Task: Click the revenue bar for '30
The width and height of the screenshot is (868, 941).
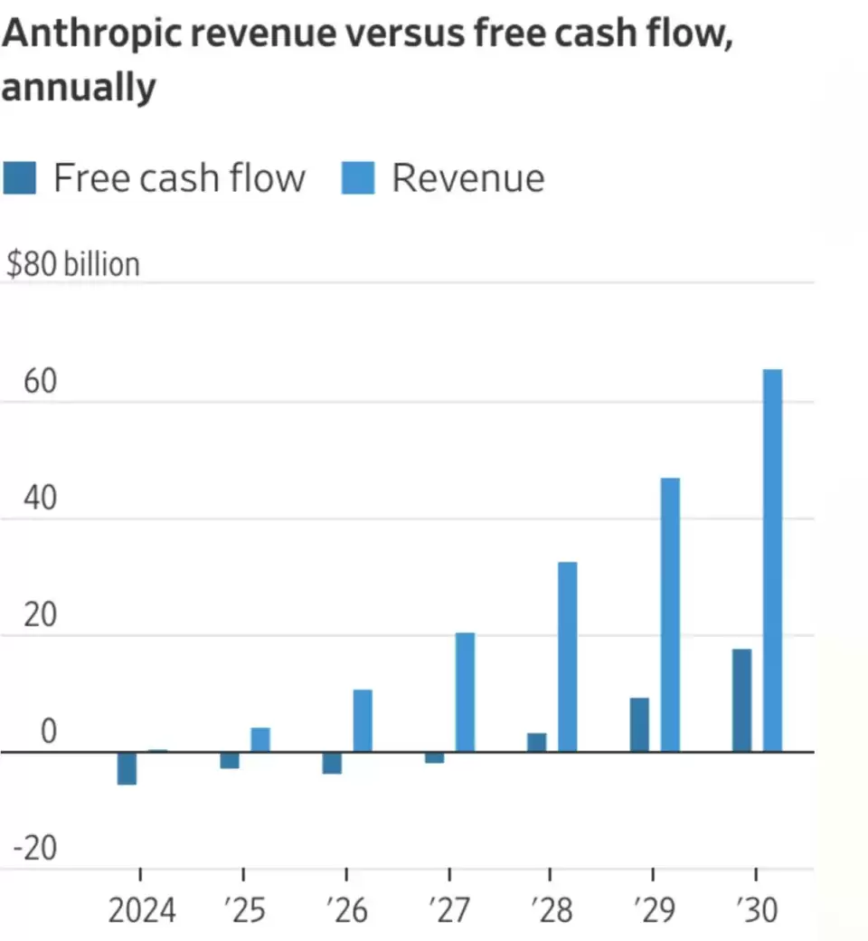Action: pyautogui.click(x=772, y=560)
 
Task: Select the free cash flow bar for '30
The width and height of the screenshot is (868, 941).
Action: pyautogui.click(x=741, y=700)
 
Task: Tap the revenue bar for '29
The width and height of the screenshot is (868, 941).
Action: pyautogui.click(x=670, y=614)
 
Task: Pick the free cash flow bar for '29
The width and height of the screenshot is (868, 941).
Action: pyautogui.click(x=639, y=725)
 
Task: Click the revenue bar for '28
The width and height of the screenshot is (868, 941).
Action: pyautogui.click(x=567, y=657)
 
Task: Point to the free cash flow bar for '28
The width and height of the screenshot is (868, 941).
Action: pyautogui.click(x=536, y=742)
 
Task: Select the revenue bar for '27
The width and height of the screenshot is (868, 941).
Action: pyautogui.click(x=465, y=692)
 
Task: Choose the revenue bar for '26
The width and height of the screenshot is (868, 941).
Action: pyautogui.click(x=363, y=720)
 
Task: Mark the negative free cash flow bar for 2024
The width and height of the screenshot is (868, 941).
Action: pyautogui.click(x=127, y=768)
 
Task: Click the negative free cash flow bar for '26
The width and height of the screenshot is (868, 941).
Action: pyautogui.click(x=332, y=763)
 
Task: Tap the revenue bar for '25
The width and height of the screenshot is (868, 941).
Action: pyautogui.click(x=260, y=739)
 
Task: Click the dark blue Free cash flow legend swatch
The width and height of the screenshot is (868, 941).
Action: pyautogui.click(x=19, y=178)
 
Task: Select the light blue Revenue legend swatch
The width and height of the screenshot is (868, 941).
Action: pyautogui.click(x=357, y=178)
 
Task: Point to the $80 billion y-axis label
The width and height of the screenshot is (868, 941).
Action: pyautogui.click(x=73, y=264)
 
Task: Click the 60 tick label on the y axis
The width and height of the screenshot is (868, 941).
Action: pyautogui.click(x=40, y=383)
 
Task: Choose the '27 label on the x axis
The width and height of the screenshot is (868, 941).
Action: pyautogui.click(x=448, y=909)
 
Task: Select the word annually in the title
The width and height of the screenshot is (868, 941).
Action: pyautogui.click(x=79, y=88)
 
